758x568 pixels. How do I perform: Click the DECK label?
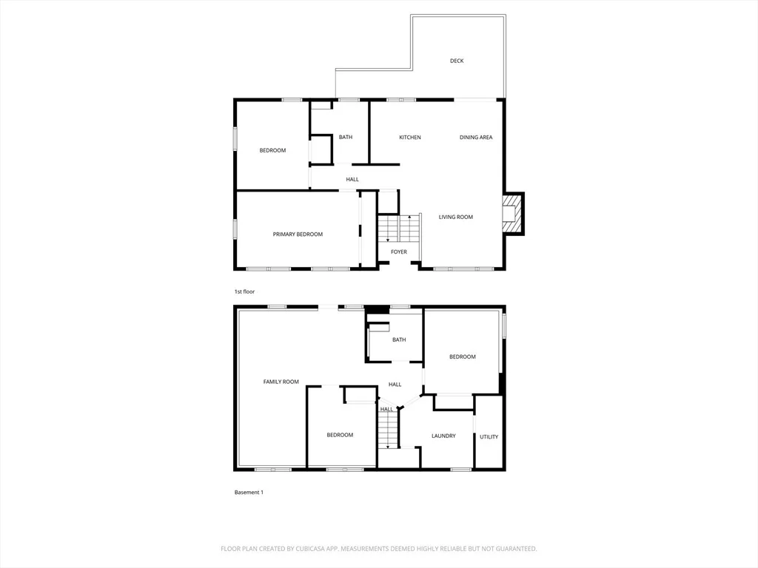coord(457,61)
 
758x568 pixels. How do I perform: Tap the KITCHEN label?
coord(410,137)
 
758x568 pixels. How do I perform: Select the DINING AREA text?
coord(476,137)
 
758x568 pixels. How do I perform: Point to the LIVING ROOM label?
coord(456,217)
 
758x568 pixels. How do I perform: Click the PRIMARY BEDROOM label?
coord(298,234)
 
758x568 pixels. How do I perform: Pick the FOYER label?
coord(399,251)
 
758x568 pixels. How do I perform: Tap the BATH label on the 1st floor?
coord(346,137)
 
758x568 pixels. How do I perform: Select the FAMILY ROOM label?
coord(281,382)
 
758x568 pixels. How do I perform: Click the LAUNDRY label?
coord(443,436)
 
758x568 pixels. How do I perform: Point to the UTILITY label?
coord(489,436)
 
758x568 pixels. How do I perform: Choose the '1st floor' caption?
coord(244,291)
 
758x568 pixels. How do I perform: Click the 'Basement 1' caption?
coord(249,492)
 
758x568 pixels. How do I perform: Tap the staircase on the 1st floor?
coord(399,229)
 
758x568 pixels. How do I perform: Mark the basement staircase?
coord(388,430)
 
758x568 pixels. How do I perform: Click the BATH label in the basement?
coord(399,339)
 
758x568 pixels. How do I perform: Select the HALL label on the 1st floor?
coord(352,179)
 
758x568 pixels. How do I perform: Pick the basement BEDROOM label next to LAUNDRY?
coord(463,356)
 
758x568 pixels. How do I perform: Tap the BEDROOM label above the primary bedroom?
coord(272,150)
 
